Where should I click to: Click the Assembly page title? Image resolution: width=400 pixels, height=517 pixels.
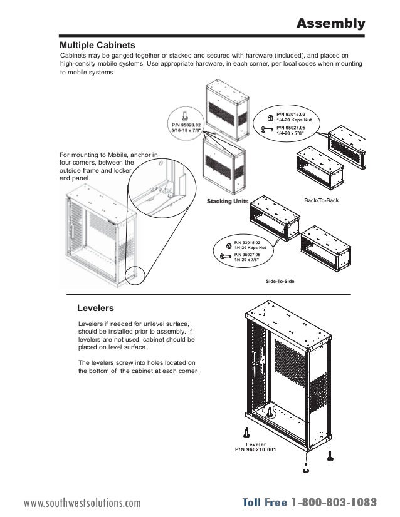(x=330, y=24)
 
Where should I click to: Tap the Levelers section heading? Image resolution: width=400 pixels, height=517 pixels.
(x=95, y=308)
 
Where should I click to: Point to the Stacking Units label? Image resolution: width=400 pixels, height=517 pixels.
(x=227, y=201)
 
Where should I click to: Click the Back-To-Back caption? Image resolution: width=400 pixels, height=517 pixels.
(x=321, y=200)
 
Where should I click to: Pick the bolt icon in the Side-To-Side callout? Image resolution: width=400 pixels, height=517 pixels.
(x=226, y=256)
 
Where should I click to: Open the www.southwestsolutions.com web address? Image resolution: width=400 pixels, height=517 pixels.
(x=82, y=503)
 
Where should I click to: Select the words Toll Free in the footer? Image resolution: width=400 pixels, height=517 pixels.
(x=265, y=503)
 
